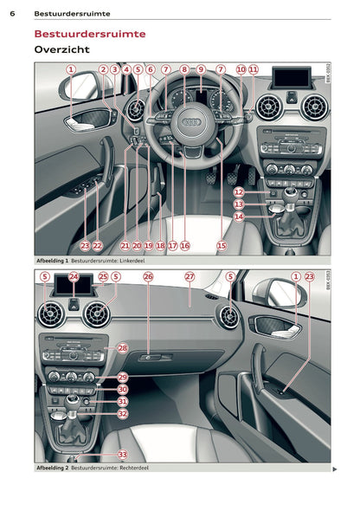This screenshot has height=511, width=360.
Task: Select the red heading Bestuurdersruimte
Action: coord(90,34)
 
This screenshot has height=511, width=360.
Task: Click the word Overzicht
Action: coord(61,50)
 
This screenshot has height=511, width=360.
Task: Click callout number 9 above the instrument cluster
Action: coord(201,69)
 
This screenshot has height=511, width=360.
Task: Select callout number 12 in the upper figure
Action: coord(239,192)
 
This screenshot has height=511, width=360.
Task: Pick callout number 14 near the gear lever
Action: coord(239,217)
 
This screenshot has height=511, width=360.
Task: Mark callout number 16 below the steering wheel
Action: coord(185,246)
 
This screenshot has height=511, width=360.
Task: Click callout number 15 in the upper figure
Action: coord(221,246)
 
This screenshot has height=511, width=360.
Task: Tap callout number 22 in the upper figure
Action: coord(97,246)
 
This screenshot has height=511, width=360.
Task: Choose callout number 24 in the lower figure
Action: coord(74,277)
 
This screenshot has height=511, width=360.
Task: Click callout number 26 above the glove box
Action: coord(148,277)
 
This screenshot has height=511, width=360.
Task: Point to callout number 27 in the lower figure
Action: coord(190,277)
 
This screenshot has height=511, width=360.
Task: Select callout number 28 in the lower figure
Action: coord(122,347)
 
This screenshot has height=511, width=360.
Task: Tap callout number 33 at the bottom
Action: coord(122,455)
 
